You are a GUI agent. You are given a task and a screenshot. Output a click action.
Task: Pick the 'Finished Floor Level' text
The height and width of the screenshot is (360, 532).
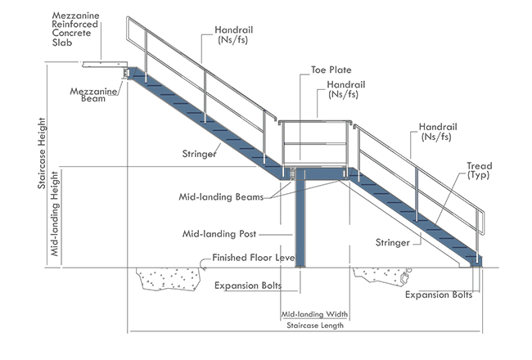coord(253,258)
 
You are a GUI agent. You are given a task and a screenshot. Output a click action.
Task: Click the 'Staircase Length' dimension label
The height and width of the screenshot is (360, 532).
coord(316,325)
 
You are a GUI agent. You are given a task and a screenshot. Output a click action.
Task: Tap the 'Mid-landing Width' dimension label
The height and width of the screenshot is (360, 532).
coord(315,314)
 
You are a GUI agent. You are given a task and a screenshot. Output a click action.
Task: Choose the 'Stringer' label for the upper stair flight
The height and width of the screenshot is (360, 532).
coord(200,153)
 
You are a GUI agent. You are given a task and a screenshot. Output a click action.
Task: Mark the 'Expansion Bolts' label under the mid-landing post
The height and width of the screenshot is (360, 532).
coord(249,286)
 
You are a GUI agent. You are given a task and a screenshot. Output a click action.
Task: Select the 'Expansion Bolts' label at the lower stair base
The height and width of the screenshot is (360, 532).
coord(439,295)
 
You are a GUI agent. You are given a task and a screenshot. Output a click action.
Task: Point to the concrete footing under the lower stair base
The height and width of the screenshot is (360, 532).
coord(381,278)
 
